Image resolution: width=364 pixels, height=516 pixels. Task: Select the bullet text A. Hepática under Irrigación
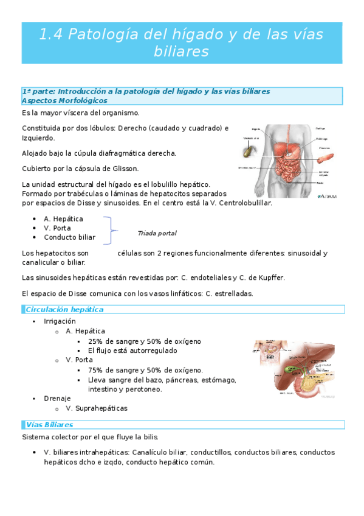[85, 331]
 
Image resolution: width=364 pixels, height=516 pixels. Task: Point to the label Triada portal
[157, 233]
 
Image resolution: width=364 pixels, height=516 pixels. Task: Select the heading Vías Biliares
[49, 424]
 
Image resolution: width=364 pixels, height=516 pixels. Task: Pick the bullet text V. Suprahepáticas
[96, 408]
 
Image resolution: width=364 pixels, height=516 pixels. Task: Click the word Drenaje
[57, 399]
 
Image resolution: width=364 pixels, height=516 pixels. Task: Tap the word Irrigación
[60, 321]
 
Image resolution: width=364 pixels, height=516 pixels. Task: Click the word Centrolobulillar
[242, 204]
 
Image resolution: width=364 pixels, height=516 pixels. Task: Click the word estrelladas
[233, 293]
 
